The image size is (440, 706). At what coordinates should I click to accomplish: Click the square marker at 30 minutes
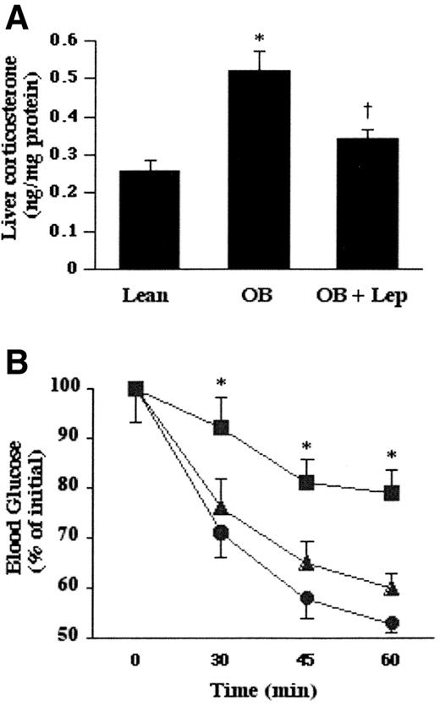[221, 428]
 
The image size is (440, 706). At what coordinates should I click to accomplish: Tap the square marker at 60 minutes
[392, 493]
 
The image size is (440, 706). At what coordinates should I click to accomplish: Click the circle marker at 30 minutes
[221, 533]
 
